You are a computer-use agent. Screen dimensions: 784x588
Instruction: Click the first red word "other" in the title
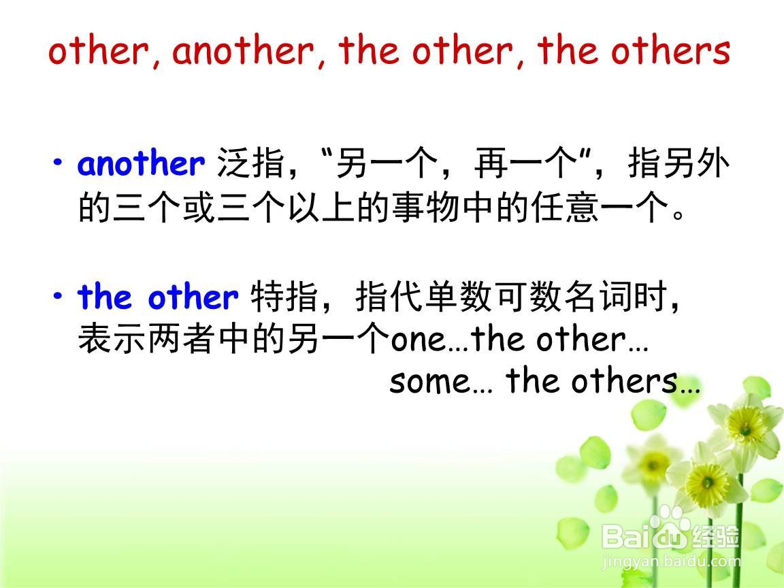(99, 51)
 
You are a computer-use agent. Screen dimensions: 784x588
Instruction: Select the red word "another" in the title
(244, 51)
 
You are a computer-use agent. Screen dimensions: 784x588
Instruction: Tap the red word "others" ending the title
(670, 51)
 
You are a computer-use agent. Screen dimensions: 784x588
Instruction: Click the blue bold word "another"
(141, 163)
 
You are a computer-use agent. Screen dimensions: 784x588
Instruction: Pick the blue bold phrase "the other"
(158, 297)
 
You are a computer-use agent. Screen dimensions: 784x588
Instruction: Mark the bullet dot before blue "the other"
(59, 295)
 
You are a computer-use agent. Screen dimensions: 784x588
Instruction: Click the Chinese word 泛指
(251, 163)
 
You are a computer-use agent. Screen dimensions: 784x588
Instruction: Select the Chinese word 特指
(284, 297)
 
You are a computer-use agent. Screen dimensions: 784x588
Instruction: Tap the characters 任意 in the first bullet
(565, 207)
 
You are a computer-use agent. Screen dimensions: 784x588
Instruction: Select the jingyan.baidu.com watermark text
(672, 561)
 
